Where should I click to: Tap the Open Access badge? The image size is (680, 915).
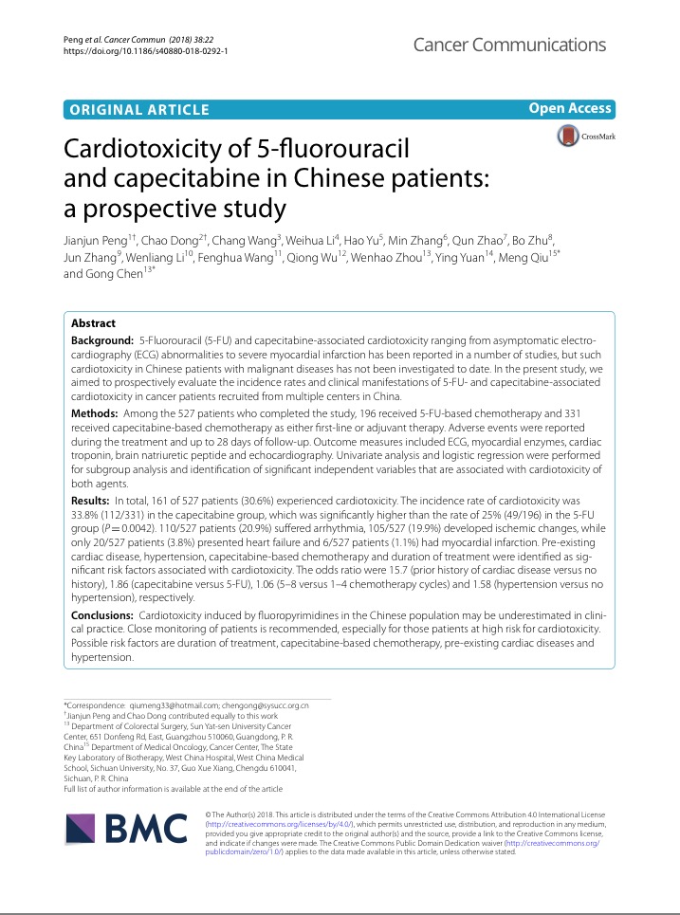pyautogui.click(x=570, y=109)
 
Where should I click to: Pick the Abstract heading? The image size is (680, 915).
pyautogui.click(x=93, y=323)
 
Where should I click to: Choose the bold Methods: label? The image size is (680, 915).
pyautogui.click(x=96, y=415)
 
